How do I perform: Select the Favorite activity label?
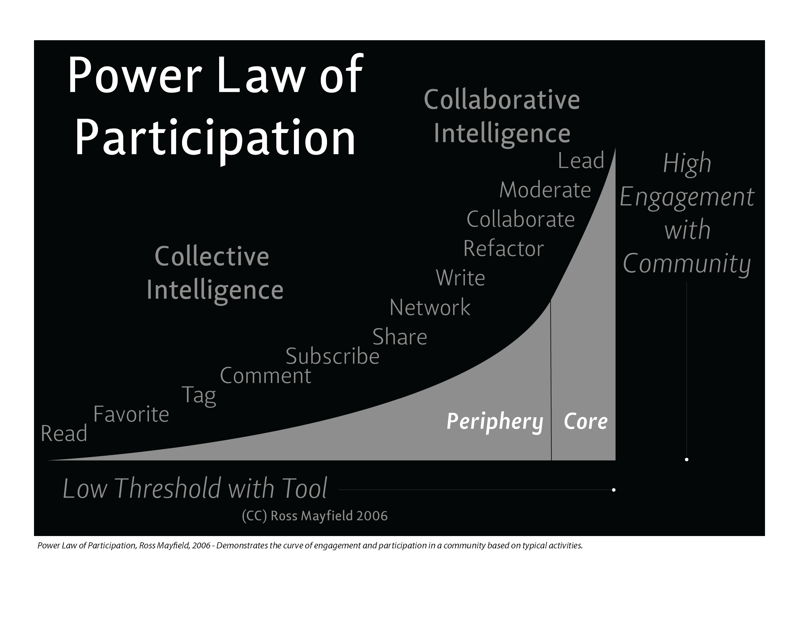(131, 414)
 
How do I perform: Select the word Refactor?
(504, 249)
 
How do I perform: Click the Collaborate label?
(521, 219)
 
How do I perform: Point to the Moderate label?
(545, 190)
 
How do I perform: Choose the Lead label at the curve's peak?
(581, 161)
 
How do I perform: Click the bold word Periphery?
(495, 422)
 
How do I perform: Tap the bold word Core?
(586, 421)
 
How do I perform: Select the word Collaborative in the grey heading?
(502, 99)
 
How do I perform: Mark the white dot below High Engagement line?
(687, 459)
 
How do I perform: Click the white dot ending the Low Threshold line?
(614, 490)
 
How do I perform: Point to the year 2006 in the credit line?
(372, 516)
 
